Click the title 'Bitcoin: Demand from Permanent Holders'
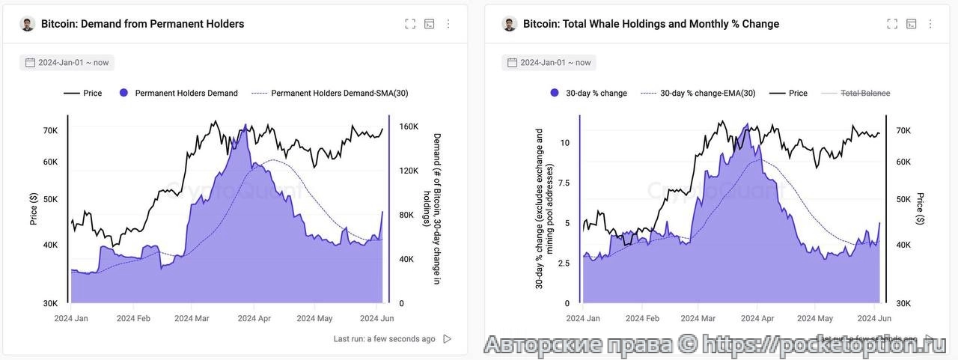pos(142,24)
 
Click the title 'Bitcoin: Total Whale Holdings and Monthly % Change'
pos(650,24)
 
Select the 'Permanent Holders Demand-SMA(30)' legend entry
pos(339,94)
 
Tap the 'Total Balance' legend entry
pos(865,94)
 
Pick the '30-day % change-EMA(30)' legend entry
pos(707,94)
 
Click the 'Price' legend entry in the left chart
pos(93,94)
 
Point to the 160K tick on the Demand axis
pos(408,126)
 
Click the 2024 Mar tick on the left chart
pos(192,318)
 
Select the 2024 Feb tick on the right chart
pos(642,318)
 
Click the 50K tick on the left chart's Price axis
pos(50,200)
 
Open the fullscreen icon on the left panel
pos(410,24)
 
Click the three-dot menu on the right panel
pos(930,24)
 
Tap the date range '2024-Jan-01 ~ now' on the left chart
pos(72,63)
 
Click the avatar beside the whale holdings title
pos(510,24)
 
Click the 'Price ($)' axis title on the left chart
pos(34,209)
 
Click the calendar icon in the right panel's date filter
pos(512,63)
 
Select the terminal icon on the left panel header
pos(430,24)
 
